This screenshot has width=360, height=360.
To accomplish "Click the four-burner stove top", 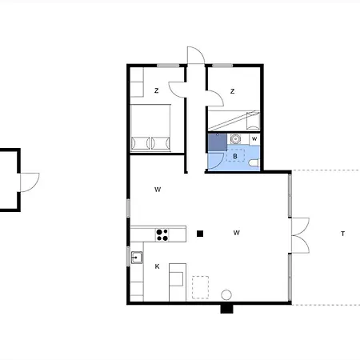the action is (x=162, y=234).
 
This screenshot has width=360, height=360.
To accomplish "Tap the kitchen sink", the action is (x=137, y=258).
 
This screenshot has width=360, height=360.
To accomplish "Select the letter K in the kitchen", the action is (x=157, y=266).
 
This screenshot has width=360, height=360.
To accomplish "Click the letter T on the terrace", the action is (x=342, y=234).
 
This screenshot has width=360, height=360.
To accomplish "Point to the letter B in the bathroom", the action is (x=235, y=156).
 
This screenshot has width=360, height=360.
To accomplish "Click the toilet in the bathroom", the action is (x=254, y=162).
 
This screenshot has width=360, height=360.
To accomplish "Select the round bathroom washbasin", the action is (x=235, y=139).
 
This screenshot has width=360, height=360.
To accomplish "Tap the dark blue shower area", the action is (x=218, y=142).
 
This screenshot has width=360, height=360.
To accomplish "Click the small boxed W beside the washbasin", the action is (x=254, y=139).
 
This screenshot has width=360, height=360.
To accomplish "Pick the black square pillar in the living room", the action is (x=200, y=234).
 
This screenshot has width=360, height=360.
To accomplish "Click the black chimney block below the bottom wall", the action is (x=226, y=309).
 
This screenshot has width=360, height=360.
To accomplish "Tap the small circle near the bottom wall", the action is (x=226, y=295).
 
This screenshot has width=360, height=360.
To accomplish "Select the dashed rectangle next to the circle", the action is (x=200, y=287).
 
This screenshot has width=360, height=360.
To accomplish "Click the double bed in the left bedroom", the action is (x=150, y=128).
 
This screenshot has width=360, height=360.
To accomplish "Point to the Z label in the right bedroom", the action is (x=232, y=91).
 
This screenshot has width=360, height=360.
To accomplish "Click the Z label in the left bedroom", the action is (x=157, y=90).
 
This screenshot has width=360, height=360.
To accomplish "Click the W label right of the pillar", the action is (x=236, y=233).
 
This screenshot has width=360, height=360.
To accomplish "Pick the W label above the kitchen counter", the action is (x=158, y=190).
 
